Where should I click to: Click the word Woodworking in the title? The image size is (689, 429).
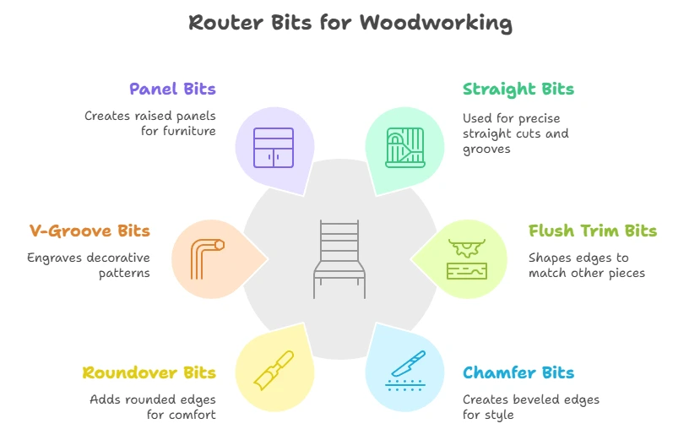[436, 23]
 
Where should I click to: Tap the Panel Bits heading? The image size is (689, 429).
[173, 90]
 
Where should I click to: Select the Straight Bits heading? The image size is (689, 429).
[518, 90]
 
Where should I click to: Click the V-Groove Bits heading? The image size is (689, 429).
[90, 231]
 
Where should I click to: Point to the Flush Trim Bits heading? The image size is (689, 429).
[593, 231]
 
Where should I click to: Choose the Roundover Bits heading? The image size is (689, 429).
[149, 372]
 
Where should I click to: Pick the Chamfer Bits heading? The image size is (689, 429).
[518, 372]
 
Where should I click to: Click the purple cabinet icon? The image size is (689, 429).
[274, 148]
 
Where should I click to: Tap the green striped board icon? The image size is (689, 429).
[405, 148]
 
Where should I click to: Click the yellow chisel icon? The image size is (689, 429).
[274, 371]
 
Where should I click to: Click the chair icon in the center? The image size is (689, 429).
[339, 259]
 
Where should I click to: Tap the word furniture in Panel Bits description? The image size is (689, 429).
[189, 131]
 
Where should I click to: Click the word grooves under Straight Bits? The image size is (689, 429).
[486, 149]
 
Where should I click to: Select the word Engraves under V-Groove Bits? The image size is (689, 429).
[55, 258]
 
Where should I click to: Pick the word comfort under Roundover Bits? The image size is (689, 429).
[194, 415]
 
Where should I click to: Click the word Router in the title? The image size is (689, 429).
[225, 23]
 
